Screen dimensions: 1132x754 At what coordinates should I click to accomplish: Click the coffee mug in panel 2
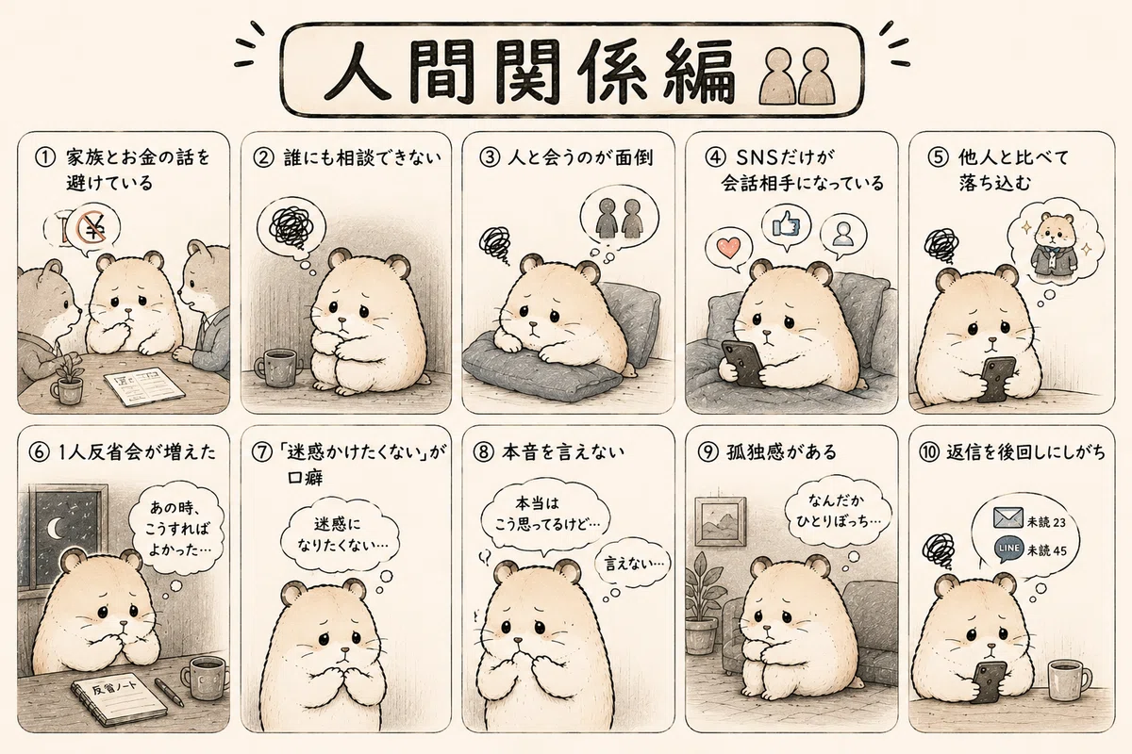277,368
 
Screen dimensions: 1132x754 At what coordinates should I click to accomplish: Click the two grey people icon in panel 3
619,217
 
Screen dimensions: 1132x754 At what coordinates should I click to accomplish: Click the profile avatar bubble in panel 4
843,236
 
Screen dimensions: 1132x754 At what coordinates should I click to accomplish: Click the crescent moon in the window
55,528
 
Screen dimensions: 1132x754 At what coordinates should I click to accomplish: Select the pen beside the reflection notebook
169,692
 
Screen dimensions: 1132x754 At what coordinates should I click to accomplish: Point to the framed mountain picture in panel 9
721,521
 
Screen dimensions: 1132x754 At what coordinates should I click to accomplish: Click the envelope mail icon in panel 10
1008,517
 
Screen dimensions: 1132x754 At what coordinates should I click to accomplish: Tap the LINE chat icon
1008,549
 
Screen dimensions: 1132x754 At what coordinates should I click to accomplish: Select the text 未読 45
1046,550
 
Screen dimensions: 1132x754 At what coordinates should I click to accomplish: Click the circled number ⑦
262,452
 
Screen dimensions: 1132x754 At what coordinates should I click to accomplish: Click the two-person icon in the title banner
798,75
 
